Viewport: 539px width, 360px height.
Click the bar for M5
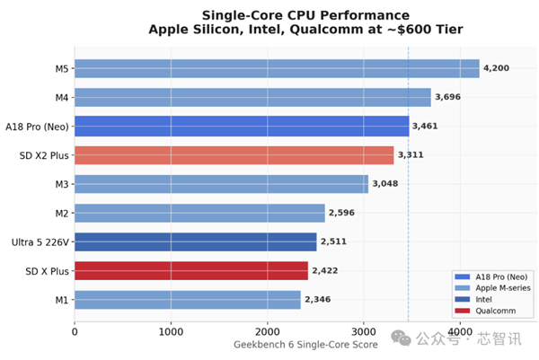pyautogui.click(x=277, y=68)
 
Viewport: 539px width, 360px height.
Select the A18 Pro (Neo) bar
pyautogui.click(x=241, y=126)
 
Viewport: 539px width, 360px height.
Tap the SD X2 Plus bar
pyautogui.click(x=234, y=155)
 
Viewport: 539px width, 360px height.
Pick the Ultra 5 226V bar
pyautogui.click(x=195, y=241)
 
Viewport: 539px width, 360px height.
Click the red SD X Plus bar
pyautogui.click(x=190, y=270)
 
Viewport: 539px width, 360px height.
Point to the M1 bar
pyautogui.click(x=187, y=299)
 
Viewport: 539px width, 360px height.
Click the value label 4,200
pyautogui.click(x=497, y=68)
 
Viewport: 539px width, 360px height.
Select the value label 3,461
pyautogui.click(x=425, y=127)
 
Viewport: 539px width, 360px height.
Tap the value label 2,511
pyautogui.click(x=333, y=241)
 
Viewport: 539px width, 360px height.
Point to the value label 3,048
pyautogui.click(x=384, y=184)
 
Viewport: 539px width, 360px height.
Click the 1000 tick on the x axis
pyautogui.click(x=171, y=331)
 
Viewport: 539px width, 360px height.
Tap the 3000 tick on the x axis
pyautogui.click(x=363, y=331)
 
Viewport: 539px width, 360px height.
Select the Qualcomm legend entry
pyautogui.click(x=490, y=311)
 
